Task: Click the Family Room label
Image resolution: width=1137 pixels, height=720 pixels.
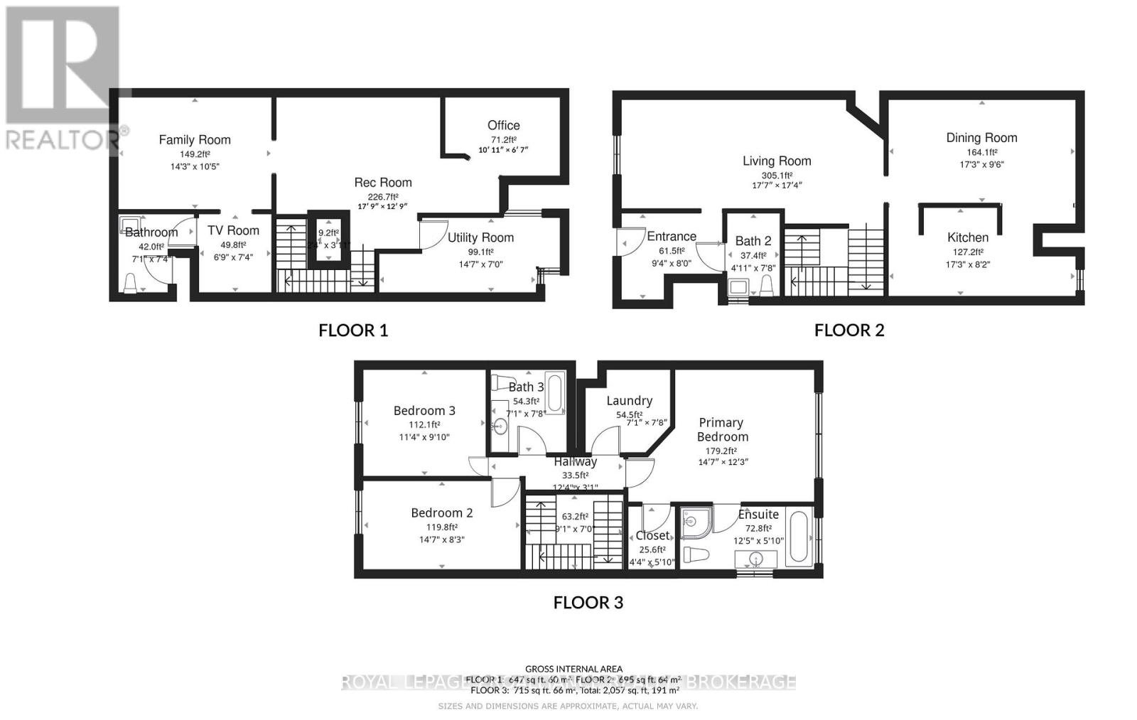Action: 194,140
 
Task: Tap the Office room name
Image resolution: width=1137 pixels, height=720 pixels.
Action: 503,125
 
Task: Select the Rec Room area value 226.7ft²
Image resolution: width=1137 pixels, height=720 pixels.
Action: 383,197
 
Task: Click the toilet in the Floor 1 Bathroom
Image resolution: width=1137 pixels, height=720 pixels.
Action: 130,284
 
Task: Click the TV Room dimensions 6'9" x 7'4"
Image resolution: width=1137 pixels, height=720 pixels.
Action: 233,257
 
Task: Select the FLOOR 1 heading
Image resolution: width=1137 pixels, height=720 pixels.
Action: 353,330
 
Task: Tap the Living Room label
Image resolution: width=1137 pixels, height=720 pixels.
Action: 777,161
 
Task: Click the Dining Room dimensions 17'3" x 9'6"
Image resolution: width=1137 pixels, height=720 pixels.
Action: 981,164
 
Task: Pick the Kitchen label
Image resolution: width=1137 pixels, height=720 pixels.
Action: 967,237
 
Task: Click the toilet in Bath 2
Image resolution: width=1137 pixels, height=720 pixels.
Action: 766,286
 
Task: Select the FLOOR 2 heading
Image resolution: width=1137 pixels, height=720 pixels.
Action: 848,330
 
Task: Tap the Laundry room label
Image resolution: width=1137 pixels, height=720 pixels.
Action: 629,401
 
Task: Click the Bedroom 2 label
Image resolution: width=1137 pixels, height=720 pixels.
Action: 441,512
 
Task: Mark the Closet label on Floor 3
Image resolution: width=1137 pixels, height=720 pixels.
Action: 652,535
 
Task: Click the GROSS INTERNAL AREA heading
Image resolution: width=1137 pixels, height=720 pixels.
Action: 573,669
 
